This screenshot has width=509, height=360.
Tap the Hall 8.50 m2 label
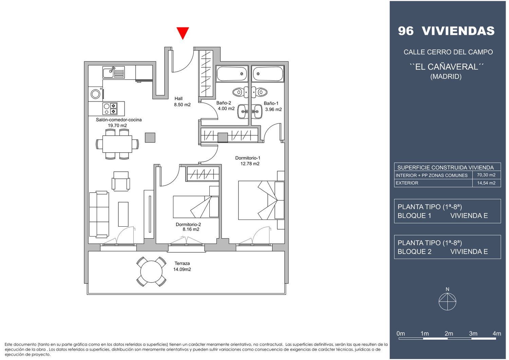182,101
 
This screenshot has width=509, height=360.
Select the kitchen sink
113,72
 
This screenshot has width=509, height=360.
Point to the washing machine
95,94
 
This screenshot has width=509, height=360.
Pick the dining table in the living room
117,144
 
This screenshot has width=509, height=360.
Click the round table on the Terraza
151,271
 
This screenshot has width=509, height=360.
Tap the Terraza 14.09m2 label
182,266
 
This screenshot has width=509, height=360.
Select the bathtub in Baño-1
268,74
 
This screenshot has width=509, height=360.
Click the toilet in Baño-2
240,92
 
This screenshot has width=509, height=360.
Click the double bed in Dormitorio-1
261,200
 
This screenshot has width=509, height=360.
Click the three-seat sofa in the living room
99,214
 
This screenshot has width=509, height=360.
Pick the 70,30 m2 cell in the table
486,175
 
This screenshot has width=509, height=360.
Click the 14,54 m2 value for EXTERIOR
486,183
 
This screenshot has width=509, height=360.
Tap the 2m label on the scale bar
449,334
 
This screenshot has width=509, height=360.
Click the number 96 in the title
406,31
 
